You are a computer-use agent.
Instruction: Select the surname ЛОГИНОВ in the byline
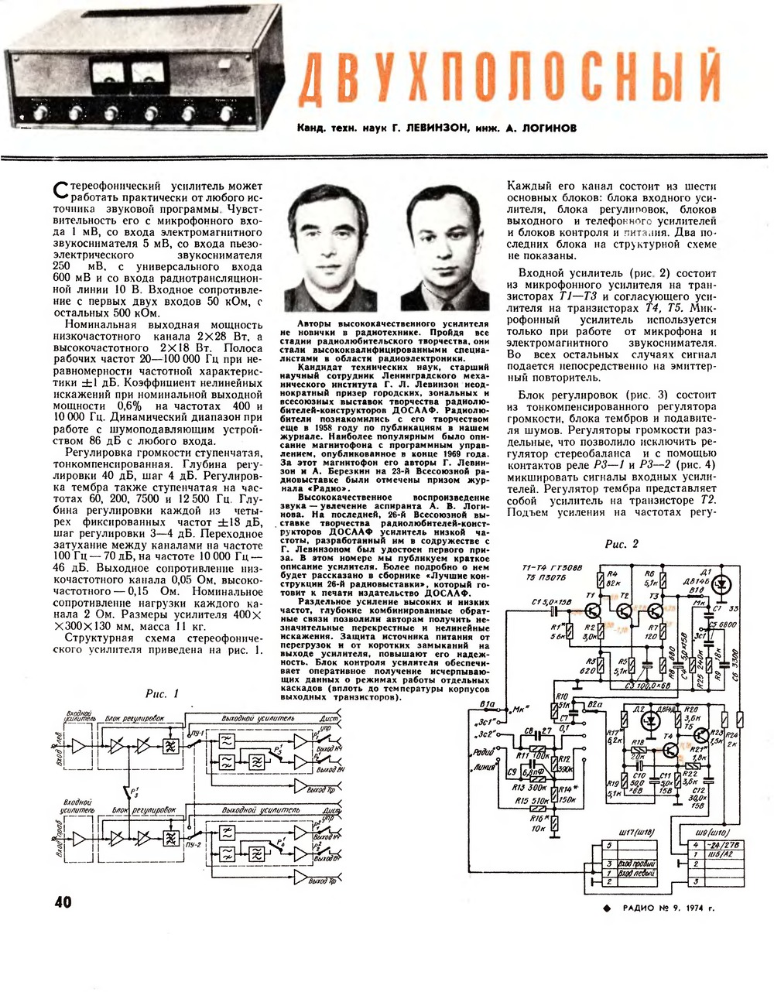[546, 128]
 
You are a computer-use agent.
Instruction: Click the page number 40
[63, 902]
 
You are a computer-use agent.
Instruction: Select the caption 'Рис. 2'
[622, 544]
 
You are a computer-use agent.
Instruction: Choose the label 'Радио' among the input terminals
[481, 751]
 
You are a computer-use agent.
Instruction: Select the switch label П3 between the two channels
[132, 792]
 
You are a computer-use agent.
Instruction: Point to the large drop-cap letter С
[55, 191]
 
